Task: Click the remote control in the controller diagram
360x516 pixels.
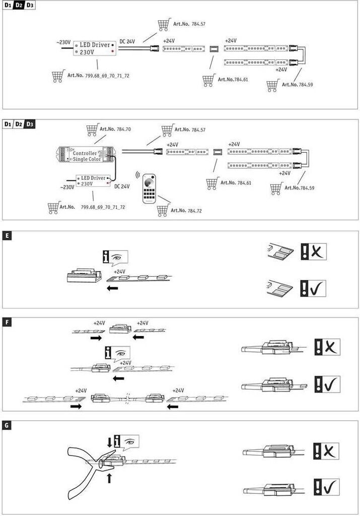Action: [150, 187]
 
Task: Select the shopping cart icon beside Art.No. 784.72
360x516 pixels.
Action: [162, 211]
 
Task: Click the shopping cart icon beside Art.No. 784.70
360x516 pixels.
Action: [92, 130]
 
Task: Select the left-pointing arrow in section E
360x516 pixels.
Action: [113, 289]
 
